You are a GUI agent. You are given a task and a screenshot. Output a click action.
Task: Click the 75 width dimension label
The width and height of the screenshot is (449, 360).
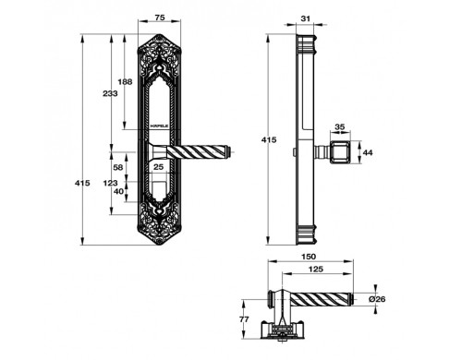click(x=159, y=18)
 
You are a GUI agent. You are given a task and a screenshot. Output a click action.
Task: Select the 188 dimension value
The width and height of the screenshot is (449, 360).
click(x=125, y=82)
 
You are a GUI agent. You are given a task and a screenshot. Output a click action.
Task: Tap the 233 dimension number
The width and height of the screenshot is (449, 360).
click(x=110, y=93)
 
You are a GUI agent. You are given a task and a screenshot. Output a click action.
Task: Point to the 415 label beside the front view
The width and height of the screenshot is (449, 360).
click(x=82, y=183)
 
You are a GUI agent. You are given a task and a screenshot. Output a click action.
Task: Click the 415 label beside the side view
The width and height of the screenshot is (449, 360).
click(x=269, y=140)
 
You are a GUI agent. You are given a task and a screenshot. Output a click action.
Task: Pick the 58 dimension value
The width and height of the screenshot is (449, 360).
click(x=118, y=167)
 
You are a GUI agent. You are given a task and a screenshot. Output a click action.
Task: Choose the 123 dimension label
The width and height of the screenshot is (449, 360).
click(x=110, y=183)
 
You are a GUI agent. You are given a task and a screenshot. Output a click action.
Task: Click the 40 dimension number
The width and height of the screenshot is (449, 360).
click(x=118, y=191)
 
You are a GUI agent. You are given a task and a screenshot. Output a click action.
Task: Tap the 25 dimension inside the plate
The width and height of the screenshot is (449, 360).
click(x=158, y=167)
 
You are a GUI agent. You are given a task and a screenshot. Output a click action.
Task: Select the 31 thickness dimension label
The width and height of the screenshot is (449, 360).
click(x=305, y=18)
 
